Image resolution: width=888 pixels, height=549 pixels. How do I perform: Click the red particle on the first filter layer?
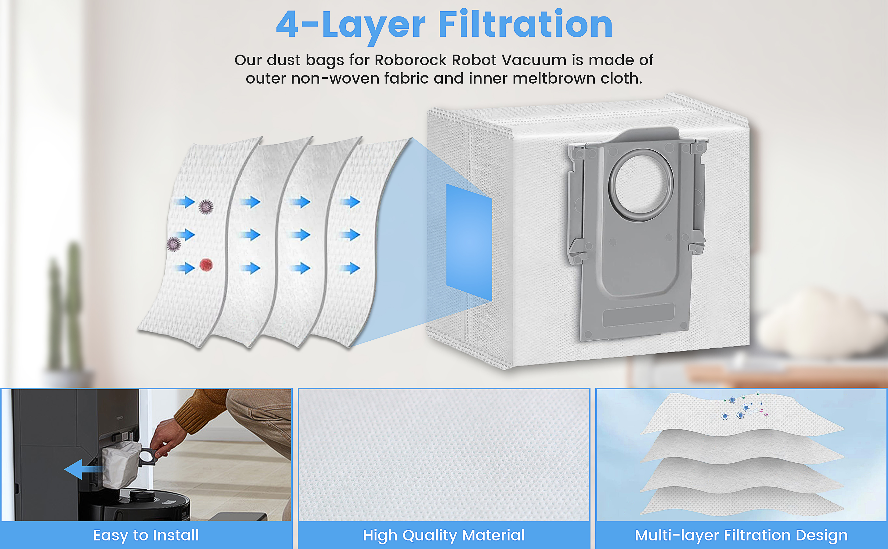pos(206,265)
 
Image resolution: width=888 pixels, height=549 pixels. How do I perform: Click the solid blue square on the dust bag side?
pos(469,242)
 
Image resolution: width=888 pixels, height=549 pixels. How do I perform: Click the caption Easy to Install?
pos(146,535)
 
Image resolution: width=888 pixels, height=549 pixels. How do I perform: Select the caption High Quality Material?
pos(444,535)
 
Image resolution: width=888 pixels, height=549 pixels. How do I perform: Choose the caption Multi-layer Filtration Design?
pos(741,535)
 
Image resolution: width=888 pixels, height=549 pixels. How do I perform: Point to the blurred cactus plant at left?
pos(65,309)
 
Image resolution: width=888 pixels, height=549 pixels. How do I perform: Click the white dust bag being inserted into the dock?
pos(120,465)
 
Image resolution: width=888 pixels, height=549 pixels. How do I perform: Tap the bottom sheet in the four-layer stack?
pos(741,501)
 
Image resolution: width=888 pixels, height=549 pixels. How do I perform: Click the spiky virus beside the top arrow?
pos(206,206)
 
